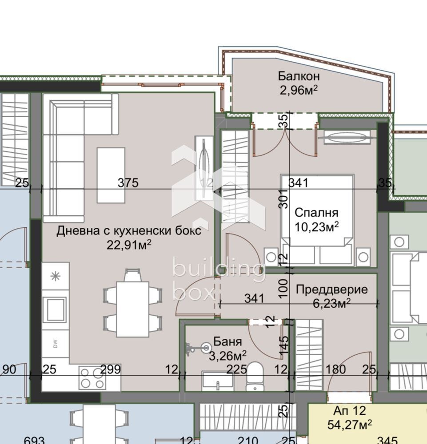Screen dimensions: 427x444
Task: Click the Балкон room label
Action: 299,76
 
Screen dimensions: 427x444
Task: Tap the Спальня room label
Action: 316,212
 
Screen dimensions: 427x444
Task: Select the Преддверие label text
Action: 332,289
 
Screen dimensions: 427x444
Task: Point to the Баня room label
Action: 227,341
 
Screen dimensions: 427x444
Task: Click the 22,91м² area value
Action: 129,245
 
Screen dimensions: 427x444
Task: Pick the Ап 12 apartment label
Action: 350,410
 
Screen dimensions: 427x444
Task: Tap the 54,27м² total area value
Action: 350,424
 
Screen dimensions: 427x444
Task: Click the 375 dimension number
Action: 128,182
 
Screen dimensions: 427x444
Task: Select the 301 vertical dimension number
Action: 283,199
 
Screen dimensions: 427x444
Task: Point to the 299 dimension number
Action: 111,369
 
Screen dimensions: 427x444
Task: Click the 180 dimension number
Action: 335,369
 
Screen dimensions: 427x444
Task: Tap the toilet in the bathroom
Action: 255,377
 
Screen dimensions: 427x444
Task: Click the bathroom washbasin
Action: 218,381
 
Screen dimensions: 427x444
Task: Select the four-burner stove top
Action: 92,378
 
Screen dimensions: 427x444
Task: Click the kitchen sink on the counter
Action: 56,309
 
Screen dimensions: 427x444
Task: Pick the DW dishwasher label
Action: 56,344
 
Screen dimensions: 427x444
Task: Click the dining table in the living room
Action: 132,309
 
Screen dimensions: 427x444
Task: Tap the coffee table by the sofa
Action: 111,175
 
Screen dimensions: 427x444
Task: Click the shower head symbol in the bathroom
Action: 206,348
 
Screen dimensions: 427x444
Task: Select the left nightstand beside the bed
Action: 271,257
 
